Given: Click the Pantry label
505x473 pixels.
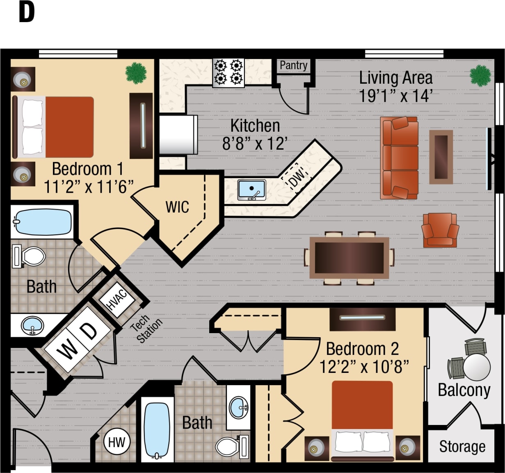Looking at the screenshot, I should [x=293, y=66].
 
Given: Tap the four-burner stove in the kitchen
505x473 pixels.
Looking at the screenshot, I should [x=229, y=73].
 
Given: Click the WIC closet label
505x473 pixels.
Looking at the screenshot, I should [x=177, y=207].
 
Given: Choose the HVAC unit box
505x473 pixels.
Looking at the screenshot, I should [x=117, y=300].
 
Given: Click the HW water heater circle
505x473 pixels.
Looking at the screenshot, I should [x=117, y=442].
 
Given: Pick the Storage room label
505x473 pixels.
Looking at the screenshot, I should [x=462, y=446].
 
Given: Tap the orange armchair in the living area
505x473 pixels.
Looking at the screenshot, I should [x=440, y=230].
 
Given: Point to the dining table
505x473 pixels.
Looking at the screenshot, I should [x=349, y=258].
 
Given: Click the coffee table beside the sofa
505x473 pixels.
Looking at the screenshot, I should [x=441, y=157].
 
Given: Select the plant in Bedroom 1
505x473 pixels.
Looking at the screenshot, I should [x=136, y=73].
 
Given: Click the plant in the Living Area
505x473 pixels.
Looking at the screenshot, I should [x=480, y=75].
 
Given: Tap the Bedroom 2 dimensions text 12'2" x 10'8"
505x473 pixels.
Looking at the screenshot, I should [x=364, y=367].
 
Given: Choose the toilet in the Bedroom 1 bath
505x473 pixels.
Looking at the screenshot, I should [x=30, y=256].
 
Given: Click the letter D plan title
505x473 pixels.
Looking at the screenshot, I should [x=27, y=13].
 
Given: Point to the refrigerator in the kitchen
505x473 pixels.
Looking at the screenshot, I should [x=178, y=135].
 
